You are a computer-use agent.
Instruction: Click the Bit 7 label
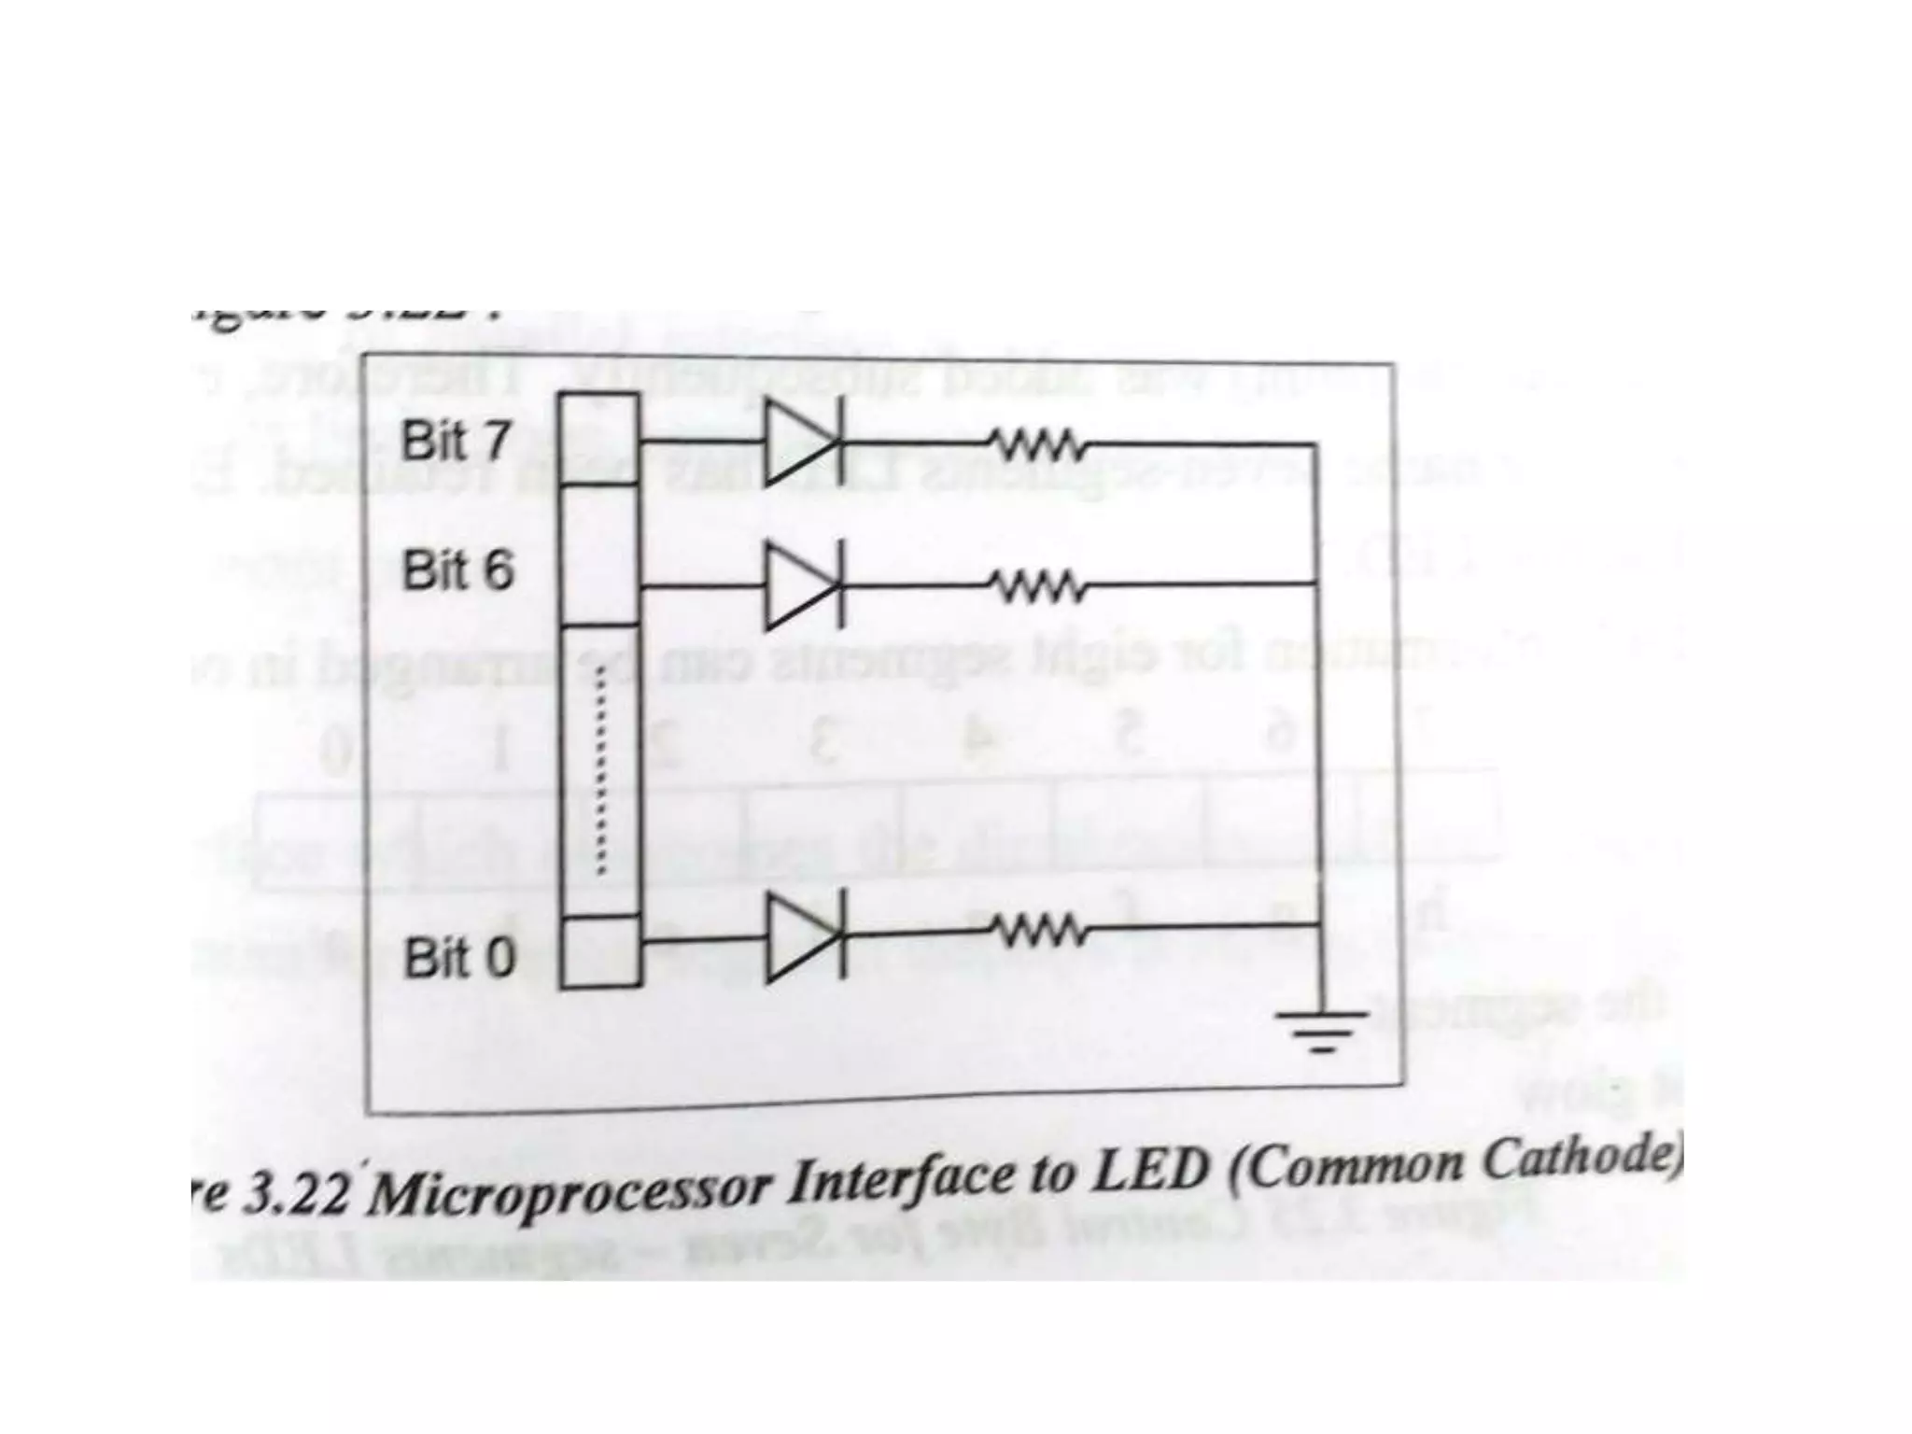click(456, 440)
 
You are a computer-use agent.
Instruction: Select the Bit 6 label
click(457, 569)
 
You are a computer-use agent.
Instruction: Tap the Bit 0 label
click(458, 958)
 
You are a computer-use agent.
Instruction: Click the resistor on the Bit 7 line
click(1036, 444)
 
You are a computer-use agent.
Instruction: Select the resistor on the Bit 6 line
click(1036, 586)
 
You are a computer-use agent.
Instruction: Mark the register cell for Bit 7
click(598, 438)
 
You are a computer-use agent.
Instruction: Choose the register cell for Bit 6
click(598, 555)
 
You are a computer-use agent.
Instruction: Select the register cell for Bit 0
click(600, 950)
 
